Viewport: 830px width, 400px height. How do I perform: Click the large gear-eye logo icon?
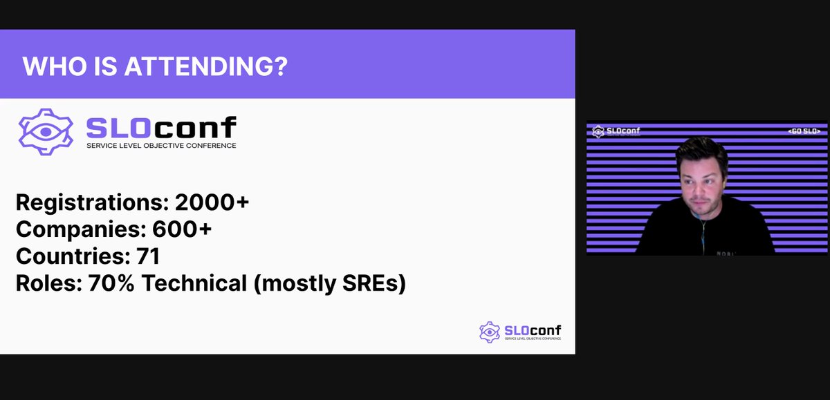point(46,132)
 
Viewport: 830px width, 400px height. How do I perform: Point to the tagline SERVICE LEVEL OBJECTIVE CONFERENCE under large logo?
point(160,146)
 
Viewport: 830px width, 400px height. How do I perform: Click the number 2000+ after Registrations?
point(212,203)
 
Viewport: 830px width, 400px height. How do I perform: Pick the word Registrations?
point(91,203)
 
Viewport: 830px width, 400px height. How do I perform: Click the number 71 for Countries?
point(149,256)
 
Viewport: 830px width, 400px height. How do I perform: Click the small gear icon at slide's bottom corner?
point(489,332)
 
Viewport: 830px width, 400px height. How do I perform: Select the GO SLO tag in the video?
point(804,131)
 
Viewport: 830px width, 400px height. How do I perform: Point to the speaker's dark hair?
point(701,149)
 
